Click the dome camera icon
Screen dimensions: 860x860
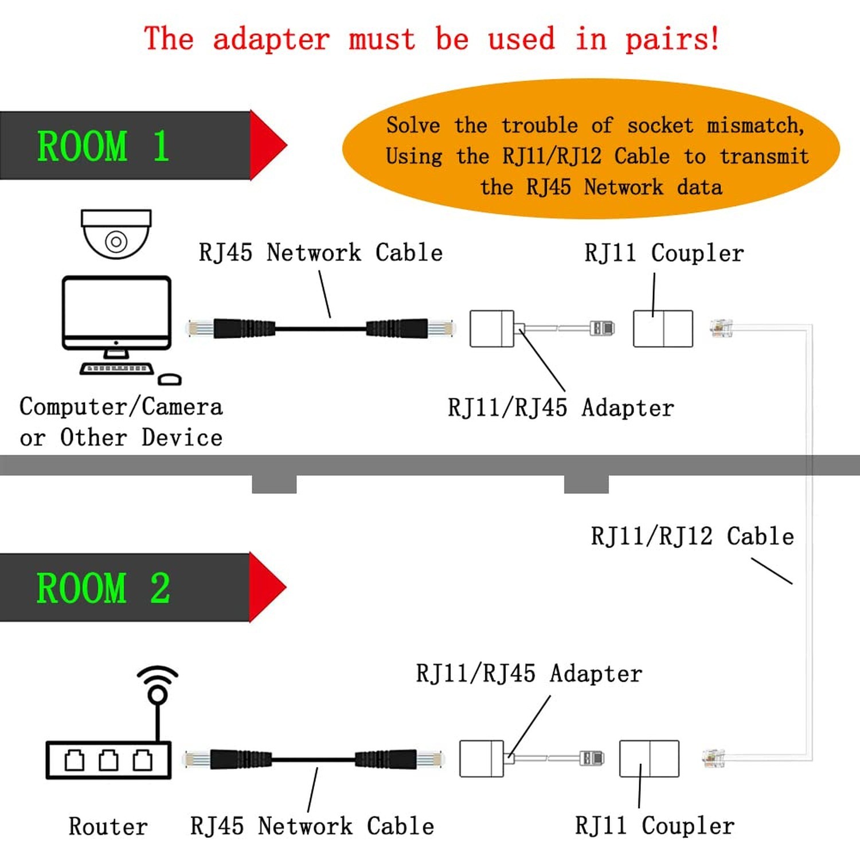pyautogui.click(x=116, y=234)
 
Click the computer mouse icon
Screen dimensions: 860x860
pyautogui.click(x=170, y=380)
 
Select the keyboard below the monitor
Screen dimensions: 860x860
pyautogui.click(x=116, y=369)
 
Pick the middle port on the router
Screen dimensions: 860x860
pyautogui.click(x=108, y=760)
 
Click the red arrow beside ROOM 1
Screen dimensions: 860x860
pyautogui.click(x=268, y=145)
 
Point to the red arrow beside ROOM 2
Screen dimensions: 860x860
pyautogui.click(x=268, y=587)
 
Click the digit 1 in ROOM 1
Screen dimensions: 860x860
pyautogui.click(x=161, y=146)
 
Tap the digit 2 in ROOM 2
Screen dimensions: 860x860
pyautogui.click(x=161, y=588)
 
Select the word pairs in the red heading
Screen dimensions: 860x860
pyautogui.click(x=672, y=40)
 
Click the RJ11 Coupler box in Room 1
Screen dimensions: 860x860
pyautogui.click(x=663, y=329)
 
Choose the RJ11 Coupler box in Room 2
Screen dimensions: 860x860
pyautogui.click(x=649, y=759)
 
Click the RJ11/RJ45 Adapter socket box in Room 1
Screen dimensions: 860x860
pyautogui.click(x=492, y=329)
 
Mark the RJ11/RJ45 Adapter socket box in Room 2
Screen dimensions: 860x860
pyautogui.click(x=482, y=759)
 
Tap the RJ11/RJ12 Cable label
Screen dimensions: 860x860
pyautogui.click(x=693, y=537)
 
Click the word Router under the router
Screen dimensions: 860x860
pyautogui.click(x=108, y=827)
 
